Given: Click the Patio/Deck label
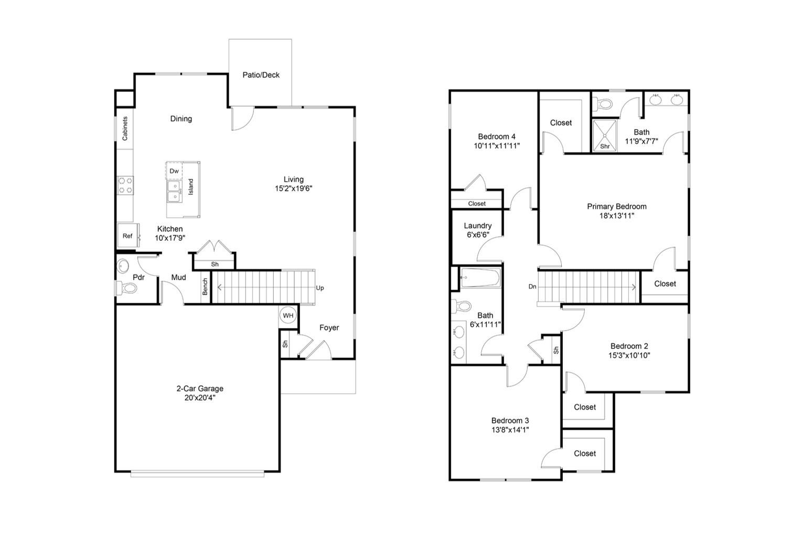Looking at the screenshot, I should click(x=261, y=75).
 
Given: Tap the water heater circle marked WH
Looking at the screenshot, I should click(x=288, y=315).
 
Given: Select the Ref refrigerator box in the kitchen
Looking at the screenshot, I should click(x=127, y=236).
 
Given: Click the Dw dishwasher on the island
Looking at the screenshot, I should click(x=174, y=171).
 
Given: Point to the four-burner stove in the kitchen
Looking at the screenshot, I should click(x=125, y=185).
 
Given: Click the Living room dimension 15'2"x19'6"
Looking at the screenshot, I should click(x=293, y=188).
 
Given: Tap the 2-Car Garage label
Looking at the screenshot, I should click(x=199, y=389).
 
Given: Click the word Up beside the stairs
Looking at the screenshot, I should click(x=320, y=288).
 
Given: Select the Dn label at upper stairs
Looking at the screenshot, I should click(x=532, y=287).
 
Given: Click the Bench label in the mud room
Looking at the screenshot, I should click(x=205, y=287).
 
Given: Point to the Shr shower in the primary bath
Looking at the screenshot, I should click(x=604, y=136).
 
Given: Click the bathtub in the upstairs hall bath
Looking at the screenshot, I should click(x=480, y=278).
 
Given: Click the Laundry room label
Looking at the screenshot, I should click(x=477, y=226).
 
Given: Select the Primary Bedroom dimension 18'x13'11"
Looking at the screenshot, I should click(x=616, y=215).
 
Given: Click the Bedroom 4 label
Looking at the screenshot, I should click(x=496, y=136).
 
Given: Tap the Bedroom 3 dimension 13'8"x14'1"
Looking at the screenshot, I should click(x=510, y=430).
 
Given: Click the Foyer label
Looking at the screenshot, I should click(x=329, y=327).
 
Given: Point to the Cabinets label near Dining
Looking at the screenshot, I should click(x=125, y=129).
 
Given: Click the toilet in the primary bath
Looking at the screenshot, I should click(x=605, y=103).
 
